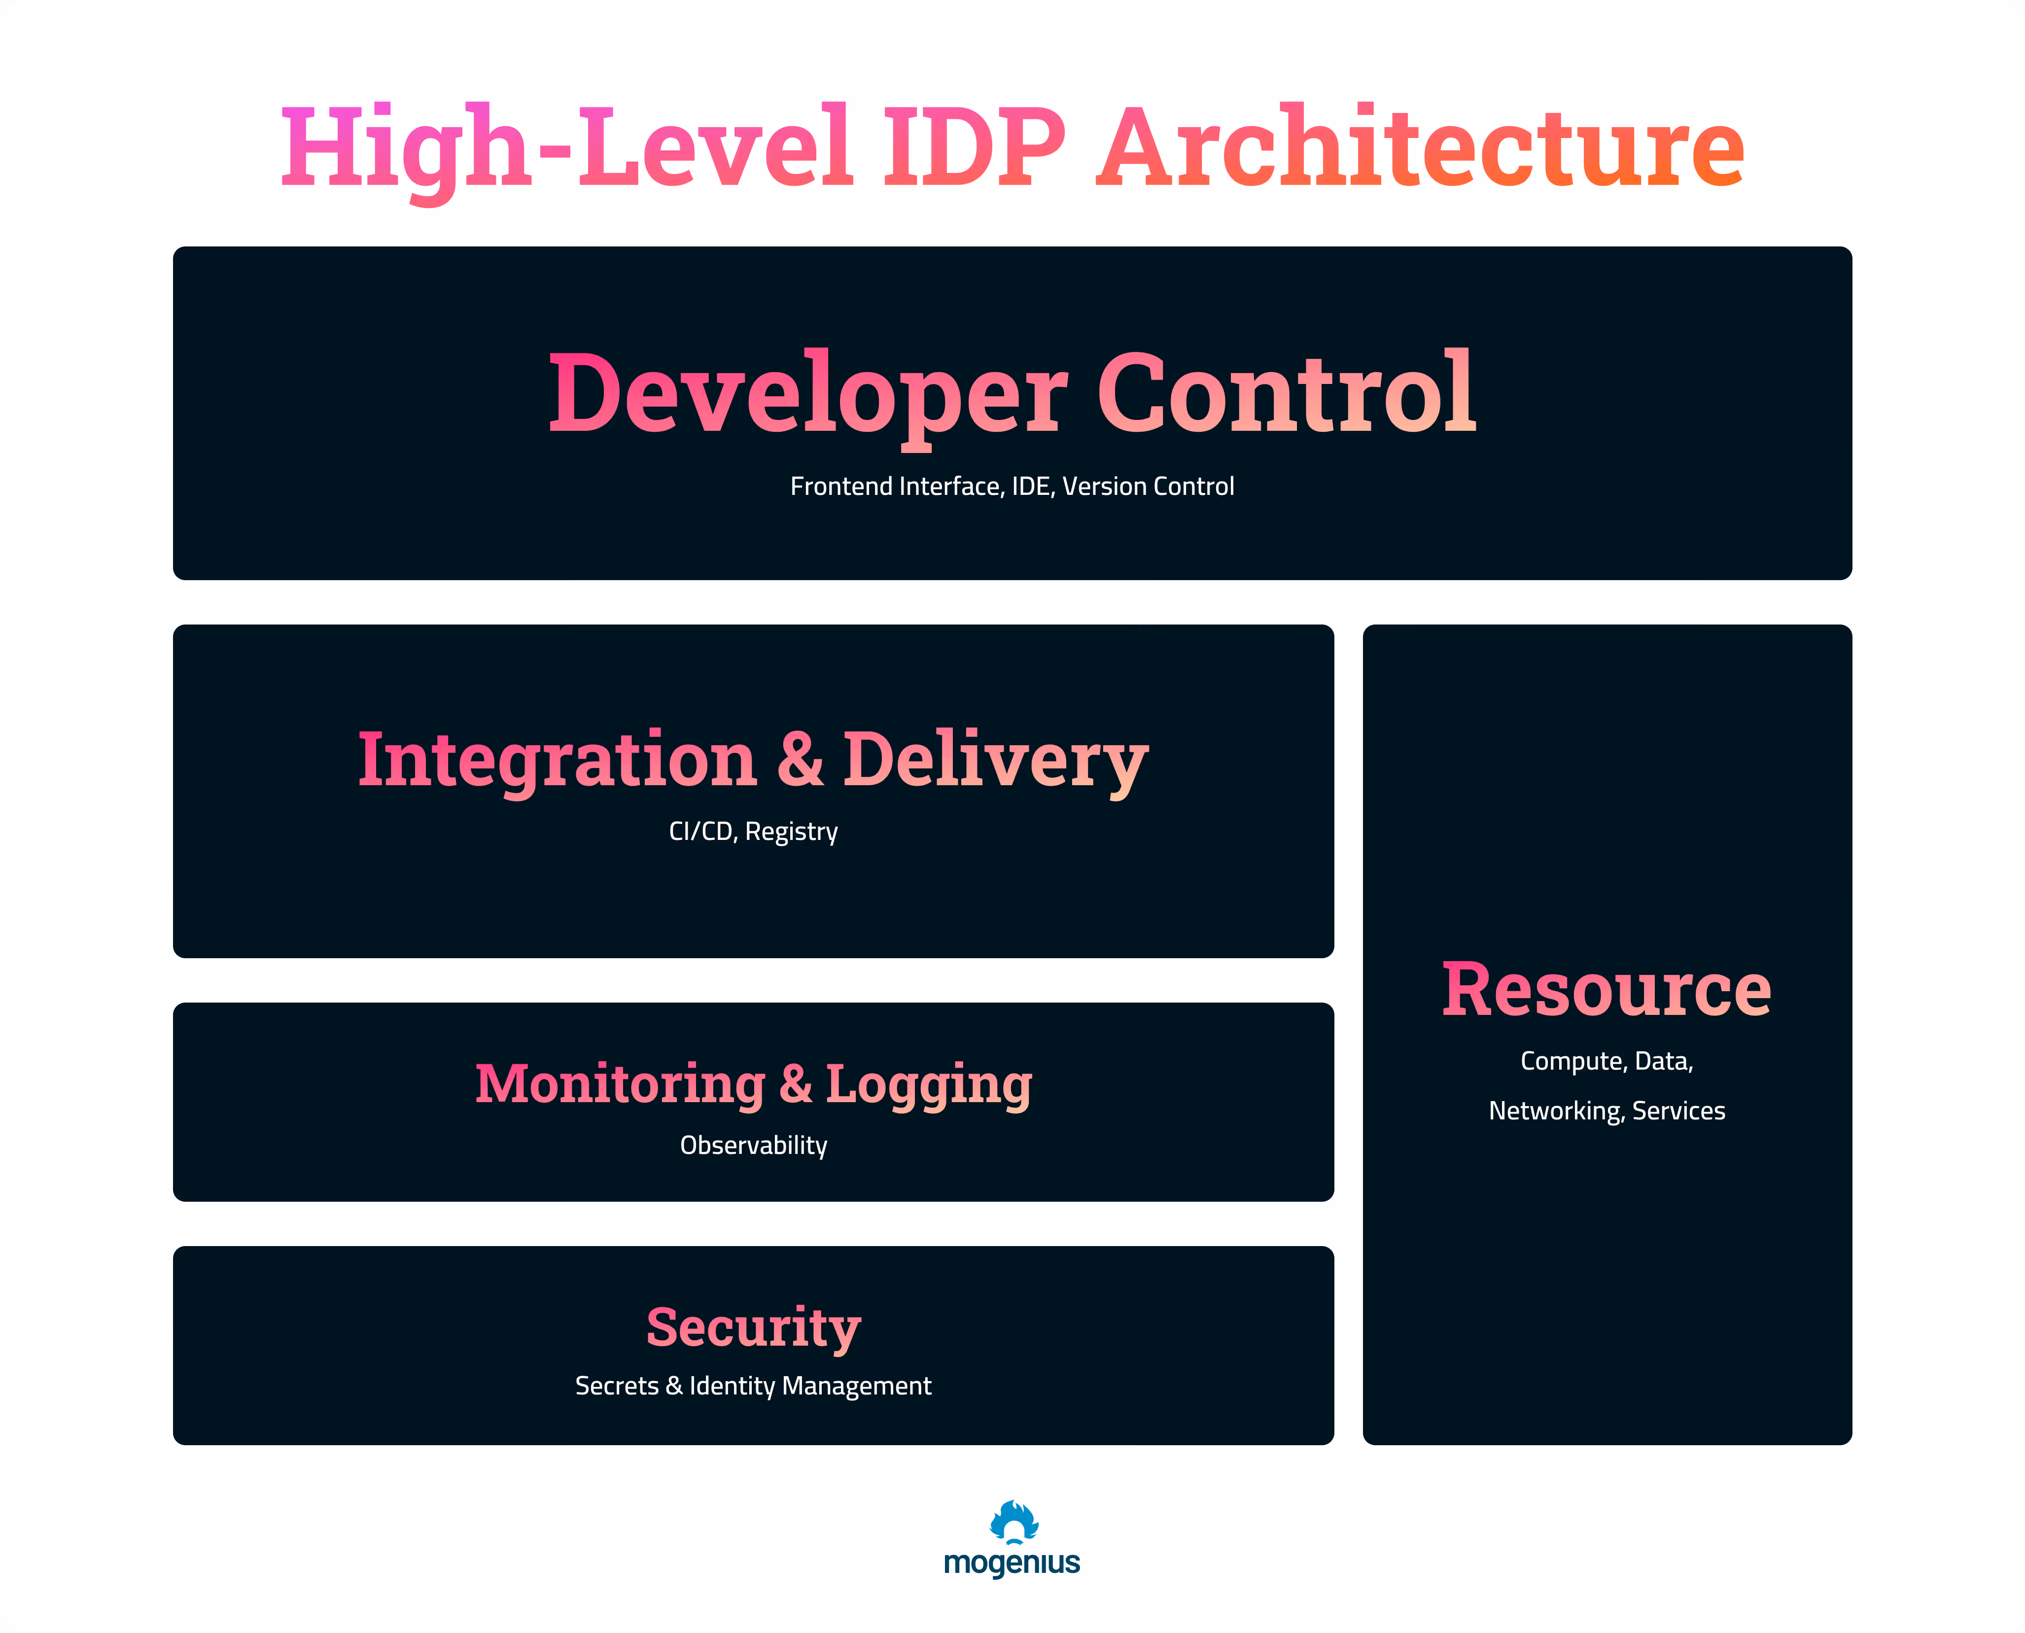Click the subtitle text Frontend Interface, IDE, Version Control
(x=1012, y=486)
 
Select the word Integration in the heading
(x=557, y=760)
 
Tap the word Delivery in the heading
(x=995, y=760)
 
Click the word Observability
(x=753, y=1145)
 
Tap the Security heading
(x=753, y=1327)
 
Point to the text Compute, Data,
(x=1606, y=1061)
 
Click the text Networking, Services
(x=1606, y=1111)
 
